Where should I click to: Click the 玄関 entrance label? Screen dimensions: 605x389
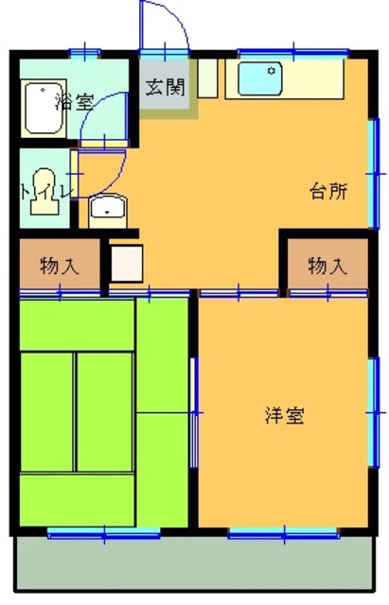(x=166, y=87)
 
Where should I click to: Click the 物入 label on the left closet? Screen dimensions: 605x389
(x=58, y=266)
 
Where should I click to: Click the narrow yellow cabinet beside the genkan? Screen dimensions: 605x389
(x=208, y=79)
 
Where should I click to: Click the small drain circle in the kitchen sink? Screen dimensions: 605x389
(x=273, y=70)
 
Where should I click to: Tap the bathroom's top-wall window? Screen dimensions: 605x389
(x=85, y=50)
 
